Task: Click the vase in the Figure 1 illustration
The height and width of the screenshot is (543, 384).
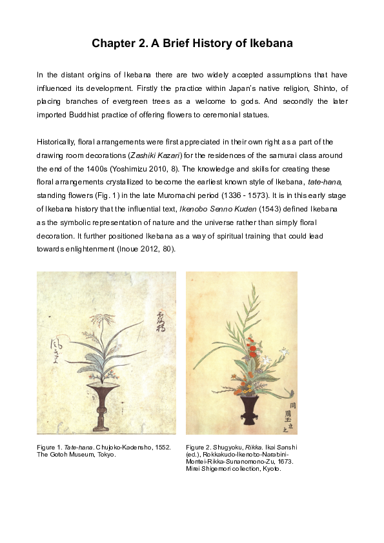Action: (x=101, y=407)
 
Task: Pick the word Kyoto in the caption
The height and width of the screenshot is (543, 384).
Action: (x=271, y=469)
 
